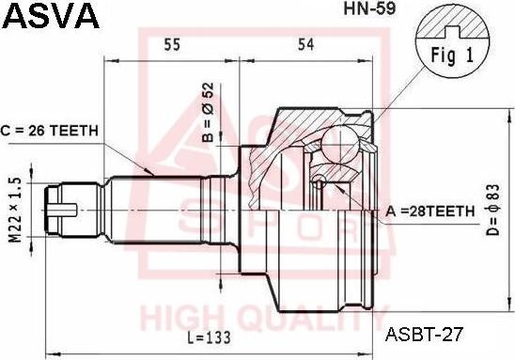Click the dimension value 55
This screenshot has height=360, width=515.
pyautogui.click(x=172, y=43)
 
